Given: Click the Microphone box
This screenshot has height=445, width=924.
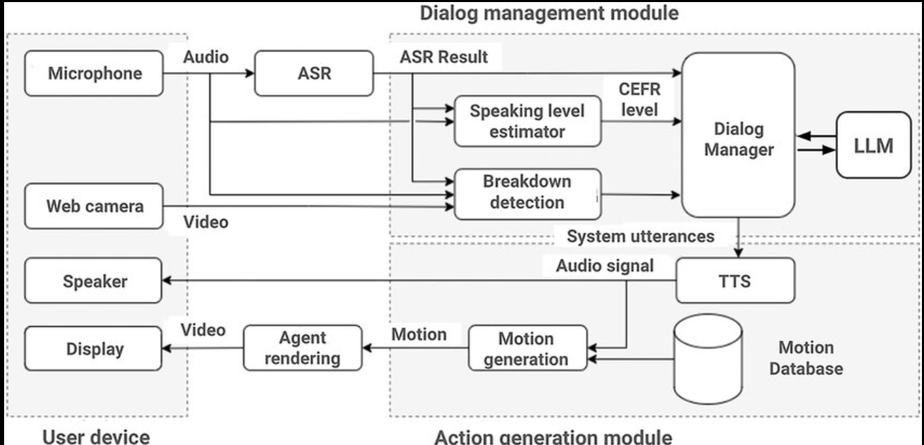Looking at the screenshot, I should pyautogui.click(x=94, y=73).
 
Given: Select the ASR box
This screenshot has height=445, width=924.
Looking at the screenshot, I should pyautogui.click(x=313, y=73).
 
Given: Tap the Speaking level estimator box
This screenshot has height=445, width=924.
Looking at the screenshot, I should pyautogui.click(x=527, y=121).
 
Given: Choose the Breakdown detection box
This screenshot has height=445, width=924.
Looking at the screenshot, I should pyautogui.click(x=527, y=192).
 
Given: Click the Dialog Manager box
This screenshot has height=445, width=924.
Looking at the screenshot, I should pyautogui.click(x=737, y=135).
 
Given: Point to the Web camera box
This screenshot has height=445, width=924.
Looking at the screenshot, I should pyautogui.click(x=94, y=205).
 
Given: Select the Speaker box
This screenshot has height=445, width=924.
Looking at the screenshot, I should pyautogui.click(x=94, y=281).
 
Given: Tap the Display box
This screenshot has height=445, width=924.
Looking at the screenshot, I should pyautogui.click(x=94, y=349).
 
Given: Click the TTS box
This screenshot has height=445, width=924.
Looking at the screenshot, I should pyautogui.click(x=735, y=280).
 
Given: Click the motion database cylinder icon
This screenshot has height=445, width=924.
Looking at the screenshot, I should pyautogui.click(x=708, y=361).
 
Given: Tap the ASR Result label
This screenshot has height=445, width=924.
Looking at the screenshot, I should pyautogui.click(x=444, y=57).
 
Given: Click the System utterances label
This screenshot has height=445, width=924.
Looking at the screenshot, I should pyautogui.click(x=640, y=236).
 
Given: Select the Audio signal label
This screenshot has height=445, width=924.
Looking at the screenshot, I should pyautogui.click(x=605, y=265).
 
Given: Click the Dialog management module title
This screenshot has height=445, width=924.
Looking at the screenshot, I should pyautogui.click(x=549, y=12).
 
